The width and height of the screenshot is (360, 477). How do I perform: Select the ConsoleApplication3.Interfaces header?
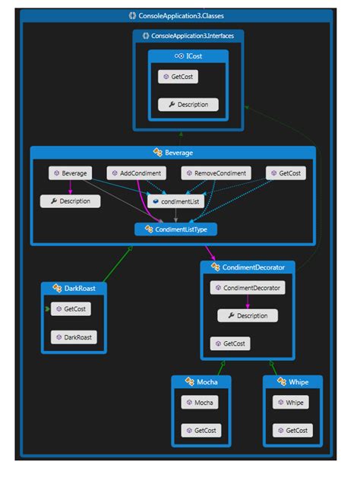click(x=188, y=36)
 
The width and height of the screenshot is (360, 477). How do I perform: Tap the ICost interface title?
click(x=188, y=56)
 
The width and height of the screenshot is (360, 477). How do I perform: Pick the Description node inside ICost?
click(x=188, y=104)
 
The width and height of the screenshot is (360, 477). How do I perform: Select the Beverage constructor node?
click(x=70, y=173)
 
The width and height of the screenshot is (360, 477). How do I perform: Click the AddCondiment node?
click(x=136, y=173)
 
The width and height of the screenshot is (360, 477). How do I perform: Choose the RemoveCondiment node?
click(x=216, y=173)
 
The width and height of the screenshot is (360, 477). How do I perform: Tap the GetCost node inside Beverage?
click(x=286, y=173)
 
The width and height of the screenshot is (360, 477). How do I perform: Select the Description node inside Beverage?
click(x=70, y=201)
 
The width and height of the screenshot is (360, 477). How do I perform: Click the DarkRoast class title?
click(x=74, y=289)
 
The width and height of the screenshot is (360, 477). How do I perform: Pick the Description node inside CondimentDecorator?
click(x=247, y=315)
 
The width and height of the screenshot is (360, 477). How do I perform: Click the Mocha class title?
click(x=200, y=381)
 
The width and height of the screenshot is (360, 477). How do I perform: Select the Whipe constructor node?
click(x=292, y=403)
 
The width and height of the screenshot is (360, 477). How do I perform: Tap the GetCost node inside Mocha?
click(x=200, y=431)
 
